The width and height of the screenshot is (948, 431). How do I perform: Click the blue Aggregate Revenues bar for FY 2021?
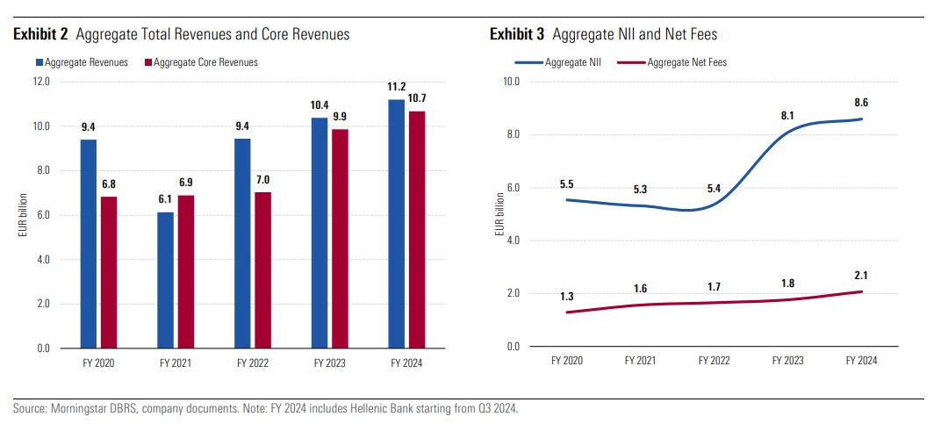(166, 280)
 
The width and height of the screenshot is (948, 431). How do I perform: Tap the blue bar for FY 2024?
(396, 224)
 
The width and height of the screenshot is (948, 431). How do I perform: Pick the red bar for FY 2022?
(262, 269)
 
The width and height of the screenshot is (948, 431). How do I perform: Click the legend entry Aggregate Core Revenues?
(205, 62)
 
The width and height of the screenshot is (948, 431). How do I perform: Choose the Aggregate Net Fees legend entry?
(686, 62)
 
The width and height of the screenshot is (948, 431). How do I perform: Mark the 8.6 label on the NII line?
(861, 103)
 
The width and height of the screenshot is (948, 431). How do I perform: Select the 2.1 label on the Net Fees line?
(861, 277)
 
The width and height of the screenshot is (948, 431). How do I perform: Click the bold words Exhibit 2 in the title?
(41, 34)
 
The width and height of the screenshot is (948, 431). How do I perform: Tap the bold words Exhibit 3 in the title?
(519, 34)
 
